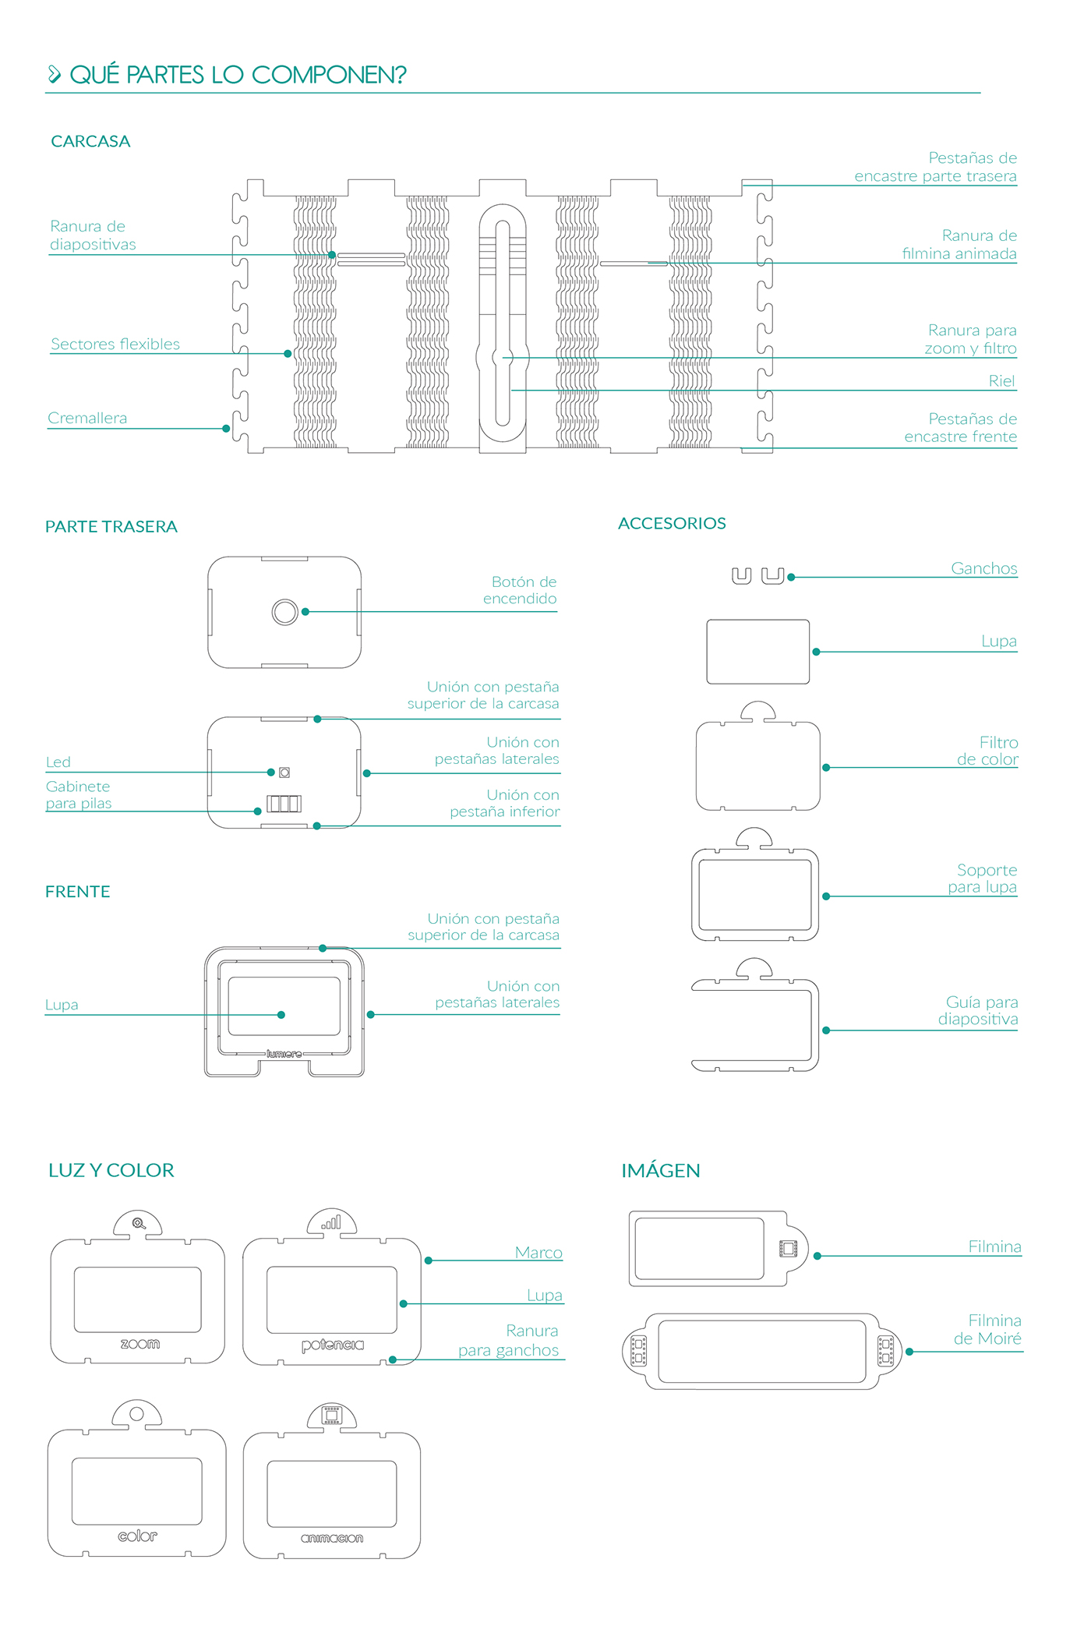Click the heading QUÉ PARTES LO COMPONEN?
pyautogui.click(x=238, y=75)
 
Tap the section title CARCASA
pyautogui.click(x=90, y=141)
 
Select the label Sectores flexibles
pyautogui.click(x=115, y=344)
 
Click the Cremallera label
pyautogui.click(x=87, y=418)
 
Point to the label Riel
pyautogui.click(x=1001, y=381)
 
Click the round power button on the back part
pyautogui.click(x=284, y=612)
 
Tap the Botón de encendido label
pyautogui.click(x=520, y=590)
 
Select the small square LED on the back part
pyautogui.click(x=284, y=773)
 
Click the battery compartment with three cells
pyautogui.click(x=284, y=803)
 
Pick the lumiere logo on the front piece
pyautogui.click(x=284, y=1054)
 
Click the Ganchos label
pyautogui.click(x=983, y=568)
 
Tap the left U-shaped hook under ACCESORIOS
pyautogui.click(x=741, y=576)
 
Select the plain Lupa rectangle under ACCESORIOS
pyautogui.click(x=757, y=652)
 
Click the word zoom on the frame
pyautogui.click(x=140, y=1344)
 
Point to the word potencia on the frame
pyautogui.click(x=333, y=1345)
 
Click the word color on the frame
pyautogui.click(x=138, y=1536)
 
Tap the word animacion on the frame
pyautogui.click(x=332, y=1538)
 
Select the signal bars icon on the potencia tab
pyautogui.click(x=332, y=1223)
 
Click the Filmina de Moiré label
pyautogui.click(x=987, y=1329)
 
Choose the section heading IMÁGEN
pyautogui.click(x=661, y=1170)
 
